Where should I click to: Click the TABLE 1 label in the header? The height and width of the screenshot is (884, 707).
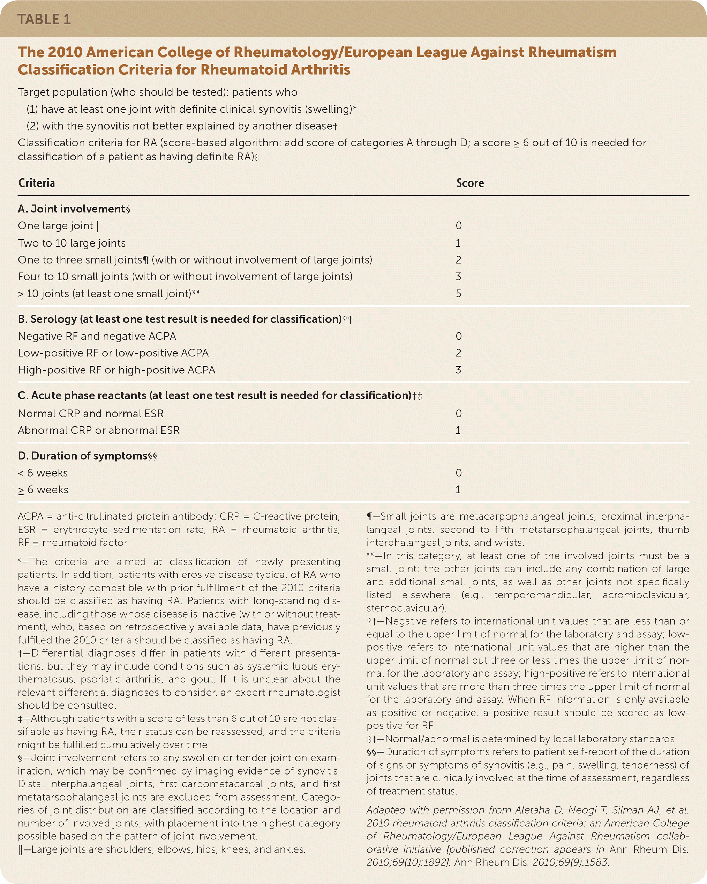point(44,19)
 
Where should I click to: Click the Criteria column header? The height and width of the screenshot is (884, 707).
point(37,183)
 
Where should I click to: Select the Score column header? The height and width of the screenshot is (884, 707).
point(470,183)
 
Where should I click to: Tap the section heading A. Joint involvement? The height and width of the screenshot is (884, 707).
point(74,209)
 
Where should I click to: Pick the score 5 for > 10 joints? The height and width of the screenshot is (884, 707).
point(458,294)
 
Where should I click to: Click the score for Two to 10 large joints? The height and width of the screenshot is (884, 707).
point(458,243)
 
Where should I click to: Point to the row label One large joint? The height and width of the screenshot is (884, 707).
point(58,226)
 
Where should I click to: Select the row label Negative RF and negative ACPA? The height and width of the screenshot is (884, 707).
point(97,336)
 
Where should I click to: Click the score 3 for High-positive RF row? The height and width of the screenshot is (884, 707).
point(458,370)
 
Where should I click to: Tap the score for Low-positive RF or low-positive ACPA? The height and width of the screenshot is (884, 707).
point(458,353)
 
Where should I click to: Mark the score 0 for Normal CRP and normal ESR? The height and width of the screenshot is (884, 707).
point(458,414)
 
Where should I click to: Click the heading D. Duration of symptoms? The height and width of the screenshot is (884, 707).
point(87,456)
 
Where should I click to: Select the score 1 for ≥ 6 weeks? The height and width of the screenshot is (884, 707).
point(458,490)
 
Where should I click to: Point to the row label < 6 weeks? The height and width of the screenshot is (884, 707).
point(43,473)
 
